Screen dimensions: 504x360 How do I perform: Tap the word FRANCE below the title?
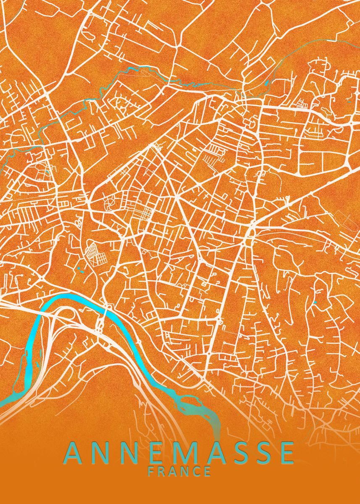pyautogui.click(x=180, y=471)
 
